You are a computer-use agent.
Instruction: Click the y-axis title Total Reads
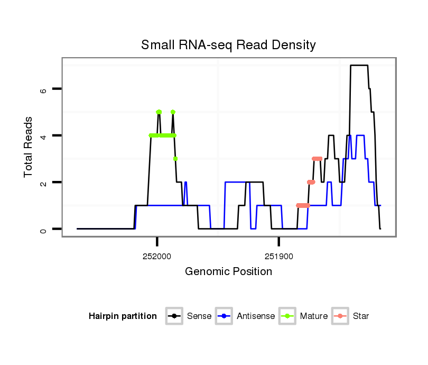[29, 147]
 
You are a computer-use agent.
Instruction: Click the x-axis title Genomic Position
[228, 272]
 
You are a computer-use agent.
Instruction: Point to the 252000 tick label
[157, 257]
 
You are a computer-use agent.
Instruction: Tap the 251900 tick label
[278, 257]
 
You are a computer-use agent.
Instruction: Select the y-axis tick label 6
[44, 89]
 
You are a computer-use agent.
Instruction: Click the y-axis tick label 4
[44, 136]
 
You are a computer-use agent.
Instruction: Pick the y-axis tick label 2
[44, 182]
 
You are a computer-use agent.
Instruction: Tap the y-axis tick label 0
[44, 229]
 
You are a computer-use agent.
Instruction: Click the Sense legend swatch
[174, 316]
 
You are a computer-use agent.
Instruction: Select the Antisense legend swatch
[224, 316]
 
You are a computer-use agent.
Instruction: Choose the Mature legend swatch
[287, 316]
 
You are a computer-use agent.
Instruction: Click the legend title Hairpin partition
[123, 316]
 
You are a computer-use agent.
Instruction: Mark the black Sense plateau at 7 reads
[359, 66]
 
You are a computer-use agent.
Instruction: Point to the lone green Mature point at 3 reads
[175, 159]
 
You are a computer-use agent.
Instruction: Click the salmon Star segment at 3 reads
[317, 159]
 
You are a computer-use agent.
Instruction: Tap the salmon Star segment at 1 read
[303, 205]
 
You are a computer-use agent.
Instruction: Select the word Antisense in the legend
[256, 316]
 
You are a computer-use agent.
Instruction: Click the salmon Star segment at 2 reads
[311, 182]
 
